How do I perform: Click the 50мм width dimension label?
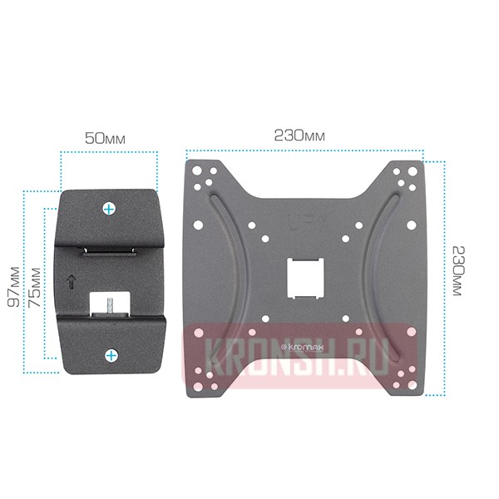[105, 139]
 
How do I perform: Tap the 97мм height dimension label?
[13, 287]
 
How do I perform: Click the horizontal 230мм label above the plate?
[299, 136]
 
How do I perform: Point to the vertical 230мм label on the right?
[458, 271]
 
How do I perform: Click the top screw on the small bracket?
[109, 209]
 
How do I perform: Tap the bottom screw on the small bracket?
[111, 355]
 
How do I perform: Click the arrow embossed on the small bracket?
[72, 282]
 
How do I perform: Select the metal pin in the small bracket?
[110, 306]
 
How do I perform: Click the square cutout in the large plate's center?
[305, 278]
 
